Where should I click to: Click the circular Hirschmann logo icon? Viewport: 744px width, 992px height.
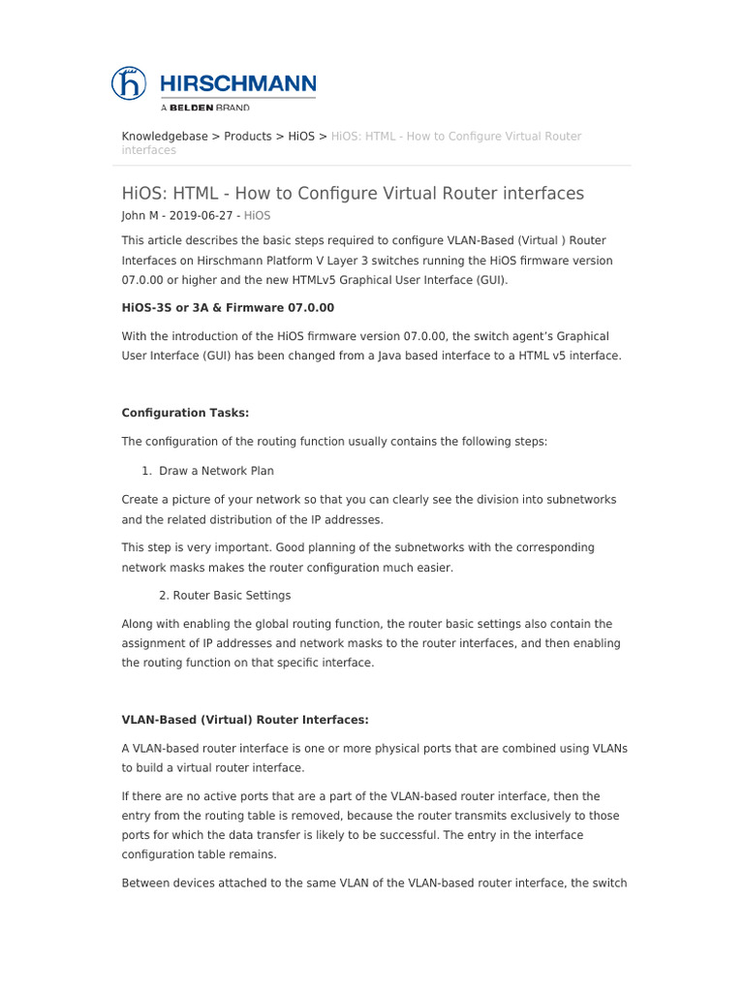point(129,82)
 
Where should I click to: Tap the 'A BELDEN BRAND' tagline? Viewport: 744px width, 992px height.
point(204,108)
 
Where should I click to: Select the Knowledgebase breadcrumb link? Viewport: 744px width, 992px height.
point(165,137)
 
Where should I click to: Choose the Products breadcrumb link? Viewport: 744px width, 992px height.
point(248,137)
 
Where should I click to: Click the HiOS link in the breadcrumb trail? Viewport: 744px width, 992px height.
point(301,137)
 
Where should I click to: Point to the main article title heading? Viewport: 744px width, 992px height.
point(353,193)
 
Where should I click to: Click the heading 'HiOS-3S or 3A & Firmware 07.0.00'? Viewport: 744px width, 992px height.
point(228,308)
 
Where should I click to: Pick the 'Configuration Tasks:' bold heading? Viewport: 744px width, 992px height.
point(185,413)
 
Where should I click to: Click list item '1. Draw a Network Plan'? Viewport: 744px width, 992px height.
point(208,471)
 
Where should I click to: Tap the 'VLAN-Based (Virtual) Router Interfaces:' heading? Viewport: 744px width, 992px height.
point(245,720)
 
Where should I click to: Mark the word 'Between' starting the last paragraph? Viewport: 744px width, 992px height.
point(145,883)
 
